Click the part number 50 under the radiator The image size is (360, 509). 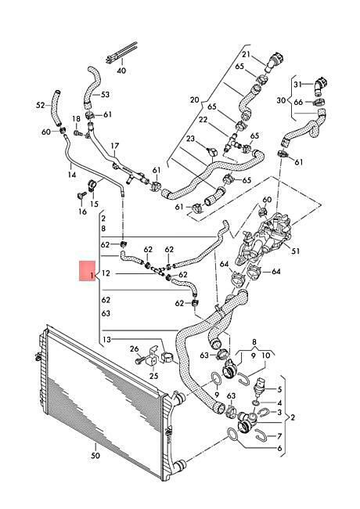[x=95, y=456]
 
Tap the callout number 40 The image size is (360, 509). [x=121, y=70]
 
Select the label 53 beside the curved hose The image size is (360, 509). [x=105, y=95]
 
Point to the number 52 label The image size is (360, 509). [x=40, y=105]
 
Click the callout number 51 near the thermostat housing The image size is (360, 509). [x=296, y=251]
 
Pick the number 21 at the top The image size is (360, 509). [x=247, y=54]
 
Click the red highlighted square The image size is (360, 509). [x=87, y=270]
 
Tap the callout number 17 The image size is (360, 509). [x=115, y=146]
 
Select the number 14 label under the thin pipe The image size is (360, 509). [x=72, y=175]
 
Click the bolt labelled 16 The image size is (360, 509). [x=80, y=196]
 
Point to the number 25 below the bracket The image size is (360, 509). [x=153, y=376]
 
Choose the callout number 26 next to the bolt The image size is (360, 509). [x=135, y=349]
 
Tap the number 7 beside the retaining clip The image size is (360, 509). [x=279, y=436]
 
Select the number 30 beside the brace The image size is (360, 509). [x=281, y=100]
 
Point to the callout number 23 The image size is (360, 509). [x=190, y=139]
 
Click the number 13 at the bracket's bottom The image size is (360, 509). [x=106, y=340]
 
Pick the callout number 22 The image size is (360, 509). [x=203, y=120]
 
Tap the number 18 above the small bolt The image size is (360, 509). [x=76, y=118]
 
